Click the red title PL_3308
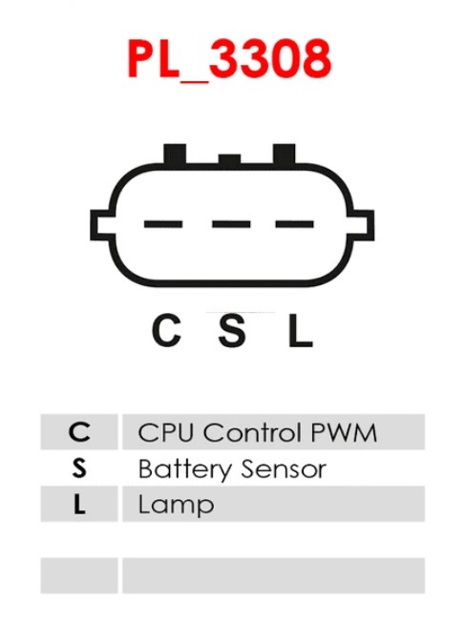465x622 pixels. click(229, 59)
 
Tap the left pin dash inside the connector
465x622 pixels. click(163, 224)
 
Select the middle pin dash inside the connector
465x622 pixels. click(231, 224)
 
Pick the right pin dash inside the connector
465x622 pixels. click(295, 224)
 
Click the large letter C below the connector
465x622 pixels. click(167, 330)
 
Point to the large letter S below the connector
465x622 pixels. click(232, 330)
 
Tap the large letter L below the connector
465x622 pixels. click(301, 330)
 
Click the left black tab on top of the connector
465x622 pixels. click(175, 154)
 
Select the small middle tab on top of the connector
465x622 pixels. click(229, 159)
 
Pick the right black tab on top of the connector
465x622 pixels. click(284, 154)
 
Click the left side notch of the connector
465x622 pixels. click(101, 225)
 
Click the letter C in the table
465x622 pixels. click(79, 432)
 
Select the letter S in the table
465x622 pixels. click(79, 468)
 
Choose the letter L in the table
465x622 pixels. click(79, 505)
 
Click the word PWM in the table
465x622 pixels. click(344, 432)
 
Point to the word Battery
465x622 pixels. click(184, 469)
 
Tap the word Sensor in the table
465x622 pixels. click(284, 468)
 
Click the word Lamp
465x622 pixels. click(176, 506)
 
